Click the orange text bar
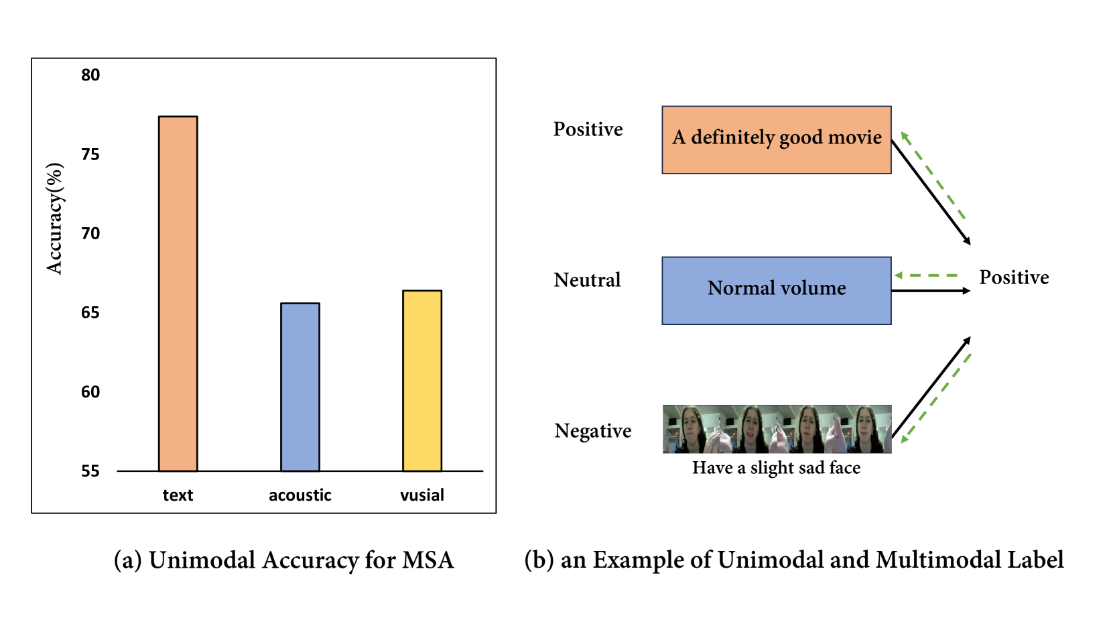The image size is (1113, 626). coord(178,294)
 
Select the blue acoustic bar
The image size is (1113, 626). coord(300,387)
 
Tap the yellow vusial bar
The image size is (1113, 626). coord(421,381)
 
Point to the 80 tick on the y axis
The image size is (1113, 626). coord(90,75)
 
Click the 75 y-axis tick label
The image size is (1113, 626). coord(90,155)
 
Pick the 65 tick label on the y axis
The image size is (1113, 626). coord(90,313)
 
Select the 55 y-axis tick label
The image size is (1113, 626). coord(90,471)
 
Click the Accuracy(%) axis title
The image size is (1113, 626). coord(55,218)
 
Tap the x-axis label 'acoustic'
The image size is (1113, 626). coord(300,495)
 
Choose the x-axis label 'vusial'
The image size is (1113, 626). coord(421,495)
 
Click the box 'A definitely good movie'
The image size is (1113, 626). coord(776,139)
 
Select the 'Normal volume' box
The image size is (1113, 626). coord(776,290)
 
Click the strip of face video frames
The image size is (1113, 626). coord(776,429)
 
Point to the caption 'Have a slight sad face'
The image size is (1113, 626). coord(776,468)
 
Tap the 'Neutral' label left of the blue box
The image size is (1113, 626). coord(587,280)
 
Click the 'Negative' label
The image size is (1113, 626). coord(592,431)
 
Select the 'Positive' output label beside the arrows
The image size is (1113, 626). coord(1013,277)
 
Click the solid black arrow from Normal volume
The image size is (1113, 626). coord(930,291)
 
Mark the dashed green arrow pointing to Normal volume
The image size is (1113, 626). coord(928,275)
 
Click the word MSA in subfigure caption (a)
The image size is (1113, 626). coord(428,560)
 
